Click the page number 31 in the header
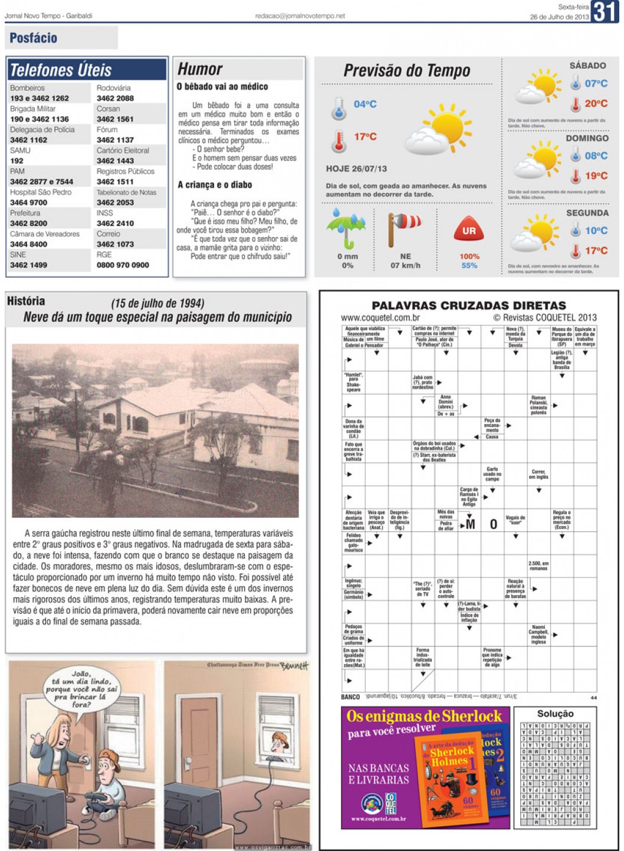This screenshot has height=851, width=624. [605, 12]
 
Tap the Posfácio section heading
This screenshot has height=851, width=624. [34, 38]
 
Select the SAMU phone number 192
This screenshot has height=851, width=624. [17, 160]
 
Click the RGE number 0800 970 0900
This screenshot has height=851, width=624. [123, 265]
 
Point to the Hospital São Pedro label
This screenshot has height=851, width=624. [41, 192]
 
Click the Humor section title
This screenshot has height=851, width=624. [200, 69]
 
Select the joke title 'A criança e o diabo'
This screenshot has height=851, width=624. [215, 185]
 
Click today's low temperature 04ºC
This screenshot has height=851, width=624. [365, 104]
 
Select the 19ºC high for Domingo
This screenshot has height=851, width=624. [596, 176]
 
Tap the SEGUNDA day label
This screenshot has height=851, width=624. [587, 213]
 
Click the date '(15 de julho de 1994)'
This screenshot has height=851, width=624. [157, 304]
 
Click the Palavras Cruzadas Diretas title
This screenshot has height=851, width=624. [468, 305]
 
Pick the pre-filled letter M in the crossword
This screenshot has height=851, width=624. [470, 524]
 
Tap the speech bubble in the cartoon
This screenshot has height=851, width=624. [81, 688]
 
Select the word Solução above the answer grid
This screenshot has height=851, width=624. [555, 714]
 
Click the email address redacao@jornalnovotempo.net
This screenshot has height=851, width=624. [300, 17]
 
